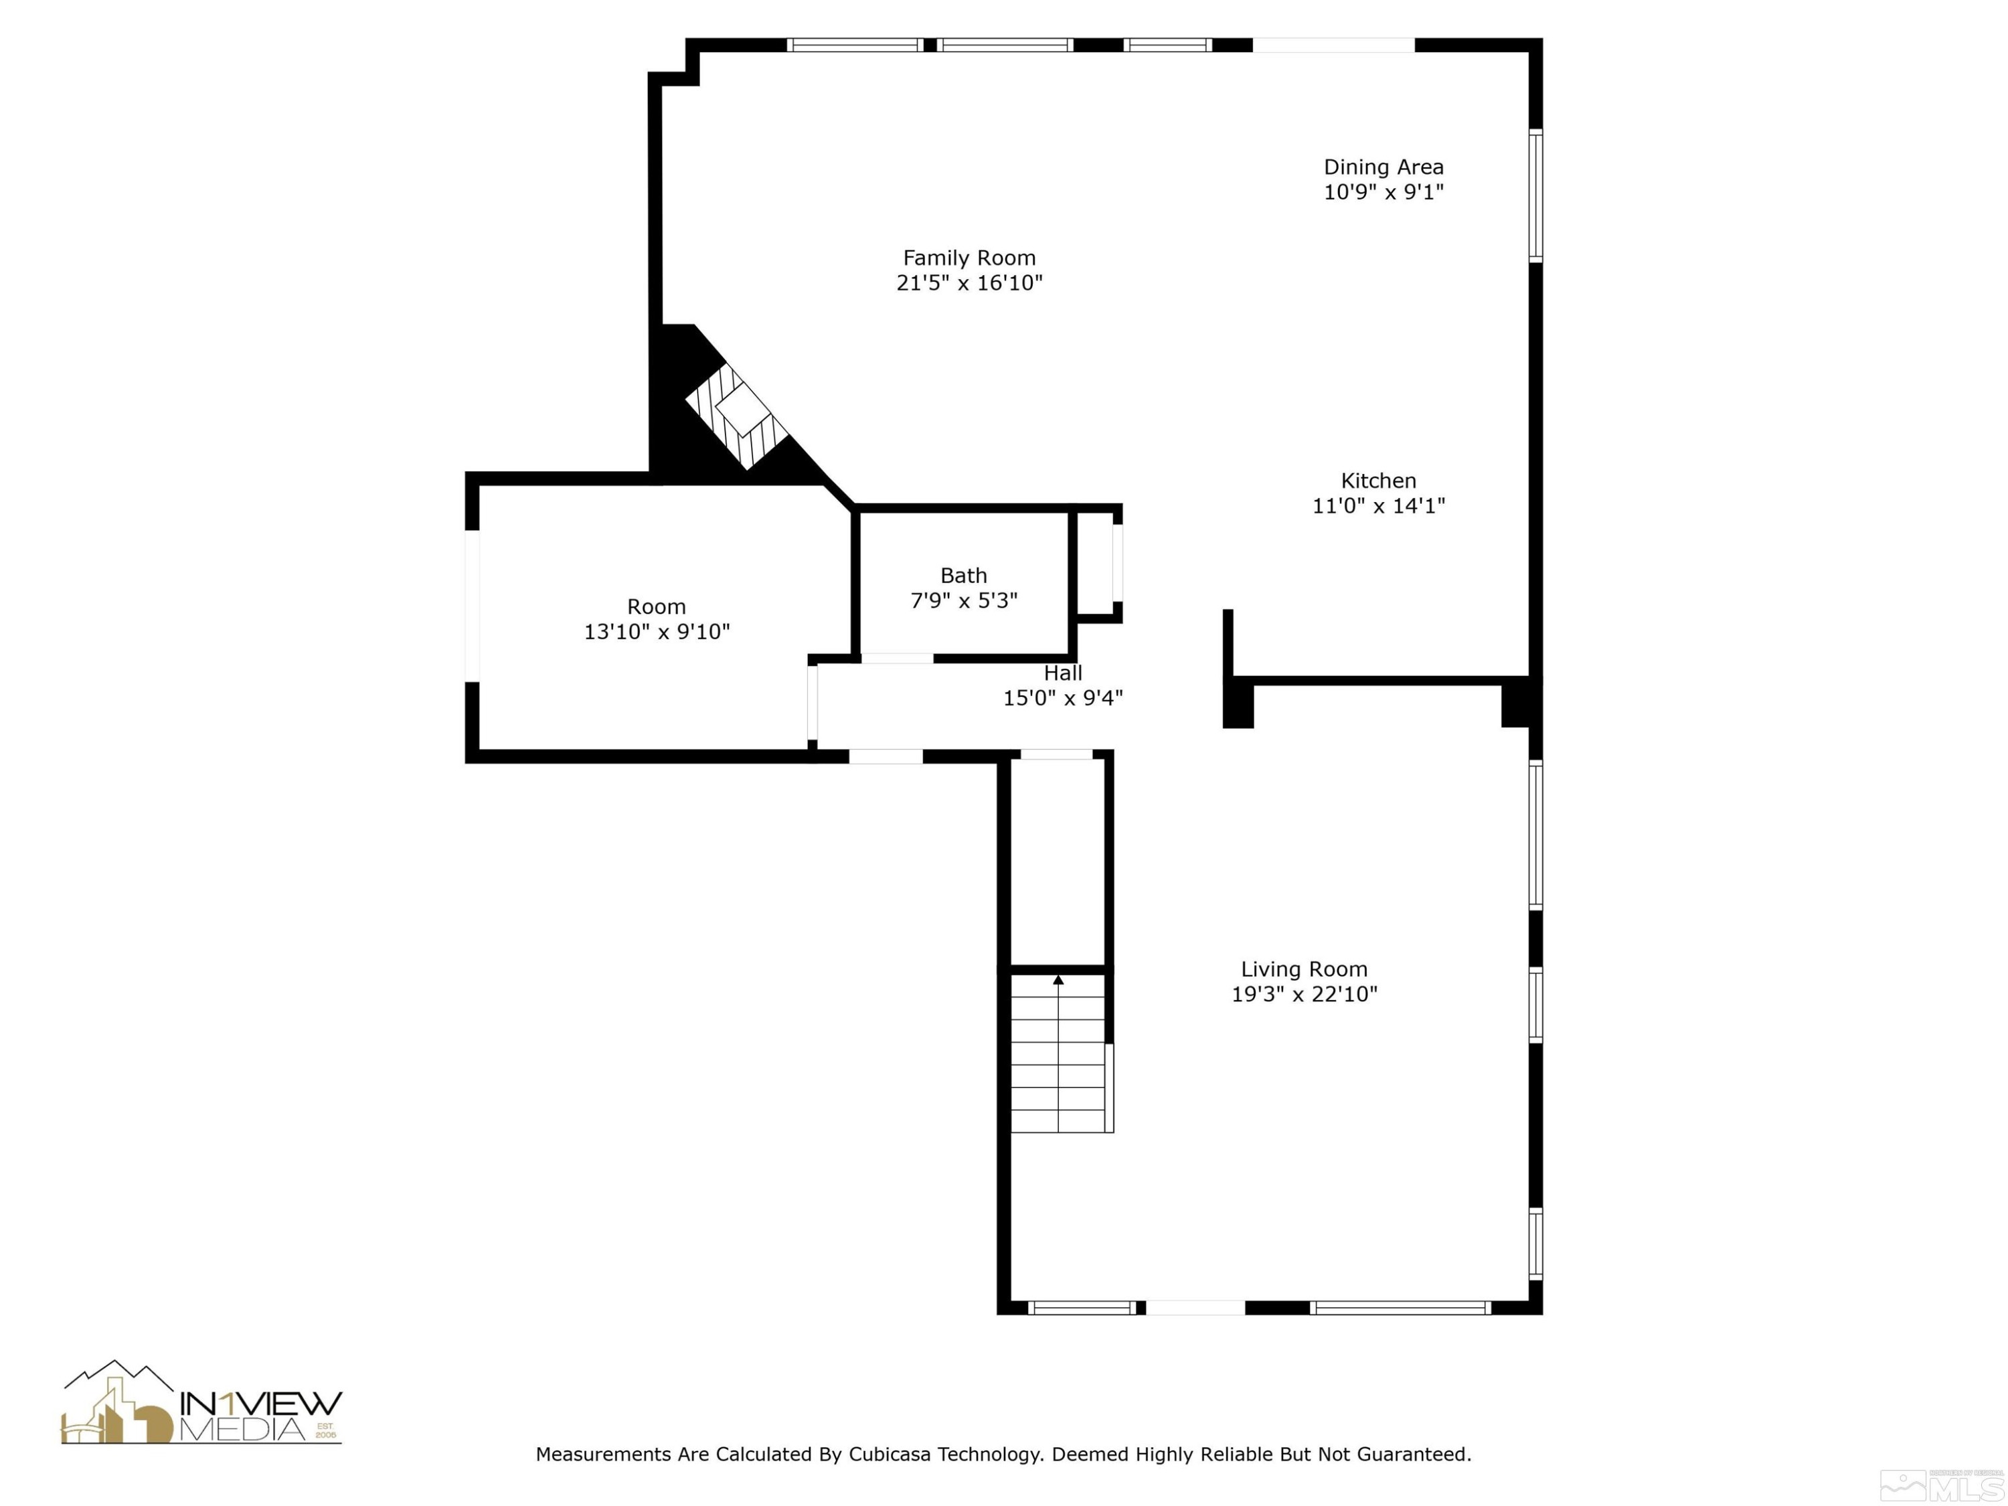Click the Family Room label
pos(969,258)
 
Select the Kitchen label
pos(1378,481)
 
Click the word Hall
pos(1062,673)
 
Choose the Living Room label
pos(1304,969)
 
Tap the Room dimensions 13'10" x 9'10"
pos(657,632)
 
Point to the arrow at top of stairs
pos(1058,979)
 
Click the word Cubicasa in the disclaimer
pos(889,1454)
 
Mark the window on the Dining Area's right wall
pos(1535,196)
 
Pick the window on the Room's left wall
pos(472,606)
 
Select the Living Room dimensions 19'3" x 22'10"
pos(1304,994)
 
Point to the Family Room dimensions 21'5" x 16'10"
pos(969,283)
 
